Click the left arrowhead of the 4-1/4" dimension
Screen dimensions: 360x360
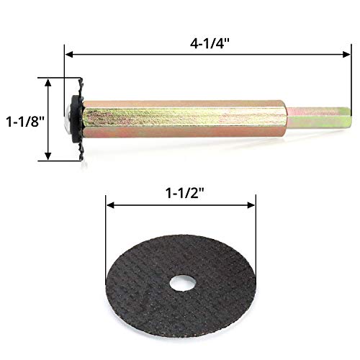(68, 52)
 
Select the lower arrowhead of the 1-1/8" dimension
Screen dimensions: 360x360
(49, 157)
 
